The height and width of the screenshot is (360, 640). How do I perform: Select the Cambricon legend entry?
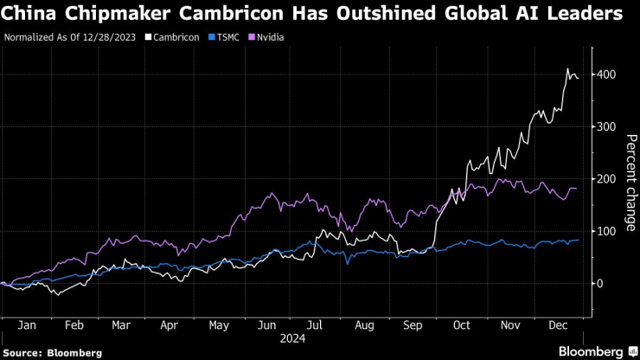point(176,38)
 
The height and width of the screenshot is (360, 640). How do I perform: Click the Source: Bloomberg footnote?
point(52,352)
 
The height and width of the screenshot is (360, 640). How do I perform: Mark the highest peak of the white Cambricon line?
point(567,69)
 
